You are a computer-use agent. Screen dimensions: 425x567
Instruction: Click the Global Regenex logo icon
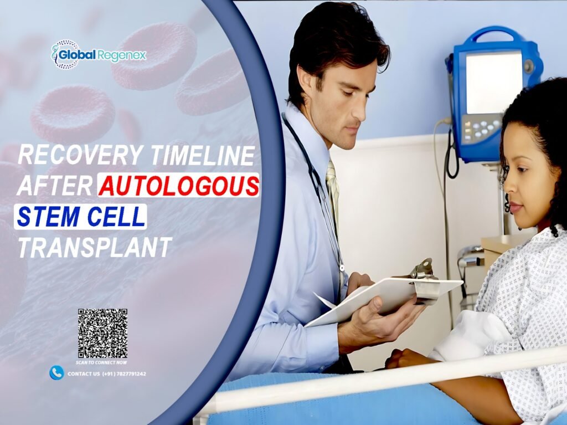click(65, 55)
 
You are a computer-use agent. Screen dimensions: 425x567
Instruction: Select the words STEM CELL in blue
click(80, 217)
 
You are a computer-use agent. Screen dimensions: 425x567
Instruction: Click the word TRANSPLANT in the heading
click(95, 247)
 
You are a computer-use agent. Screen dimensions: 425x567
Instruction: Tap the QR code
click(102, 333)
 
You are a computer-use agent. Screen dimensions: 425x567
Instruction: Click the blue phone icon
click(56, 373)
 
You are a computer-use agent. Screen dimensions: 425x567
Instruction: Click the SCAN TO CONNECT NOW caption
click(102, 362)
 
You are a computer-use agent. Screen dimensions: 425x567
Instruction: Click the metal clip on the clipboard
click(423, 270)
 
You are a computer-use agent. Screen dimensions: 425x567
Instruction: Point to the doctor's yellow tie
click(332, 188)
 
